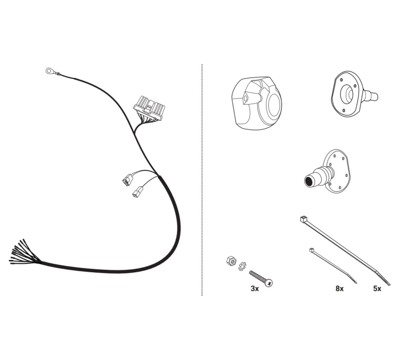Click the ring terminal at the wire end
[49, 71]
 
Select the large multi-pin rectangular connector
[149, 108]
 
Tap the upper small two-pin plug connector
[127, 180]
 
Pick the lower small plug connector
[137, 191]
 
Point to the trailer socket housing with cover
[257, 103]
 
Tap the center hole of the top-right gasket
[347, 94]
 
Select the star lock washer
[243, 266]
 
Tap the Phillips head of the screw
[269, 283]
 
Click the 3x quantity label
[254, 289]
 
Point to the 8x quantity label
[340, 289]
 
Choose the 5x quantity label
[377, 289]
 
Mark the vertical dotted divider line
[202, 180]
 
